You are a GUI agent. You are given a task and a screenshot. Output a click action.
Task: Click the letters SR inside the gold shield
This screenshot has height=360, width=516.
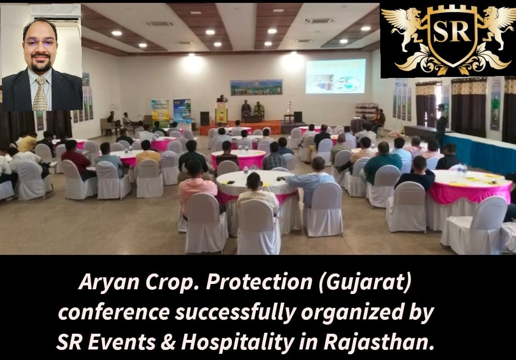click(x=451, y=32)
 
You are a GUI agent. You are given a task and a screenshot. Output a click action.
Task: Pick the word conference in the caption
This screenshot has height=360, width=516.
click(x=114, y=312)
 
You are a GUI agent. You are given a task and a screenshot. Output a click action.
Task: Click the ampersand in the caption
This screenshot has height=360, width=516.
click(x=168, y=342)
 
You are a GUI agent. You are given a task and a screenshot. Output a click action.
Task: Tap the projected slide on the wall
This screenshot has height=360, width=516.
click(x=335, y=76)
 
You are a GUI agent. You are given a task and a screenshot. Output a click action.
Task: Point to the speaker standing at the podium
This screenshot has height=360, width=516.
click(x=222, y=98)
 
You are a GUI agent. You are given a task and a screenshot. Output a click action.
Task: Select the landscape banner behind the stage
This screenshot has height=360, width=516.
click(x=256, y=87)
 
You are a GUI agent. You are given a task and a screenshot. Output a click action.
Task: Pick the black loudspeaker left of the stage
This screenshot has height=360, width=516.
click(x=205, y=119)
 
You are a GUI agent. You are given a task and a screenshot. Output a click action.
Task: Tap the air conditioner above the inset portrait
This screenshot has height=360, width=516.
click(x=55, y=13)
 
